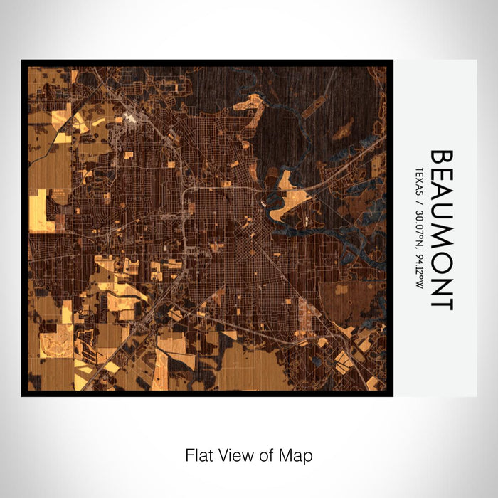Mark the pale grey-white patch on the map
[131, 117]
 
